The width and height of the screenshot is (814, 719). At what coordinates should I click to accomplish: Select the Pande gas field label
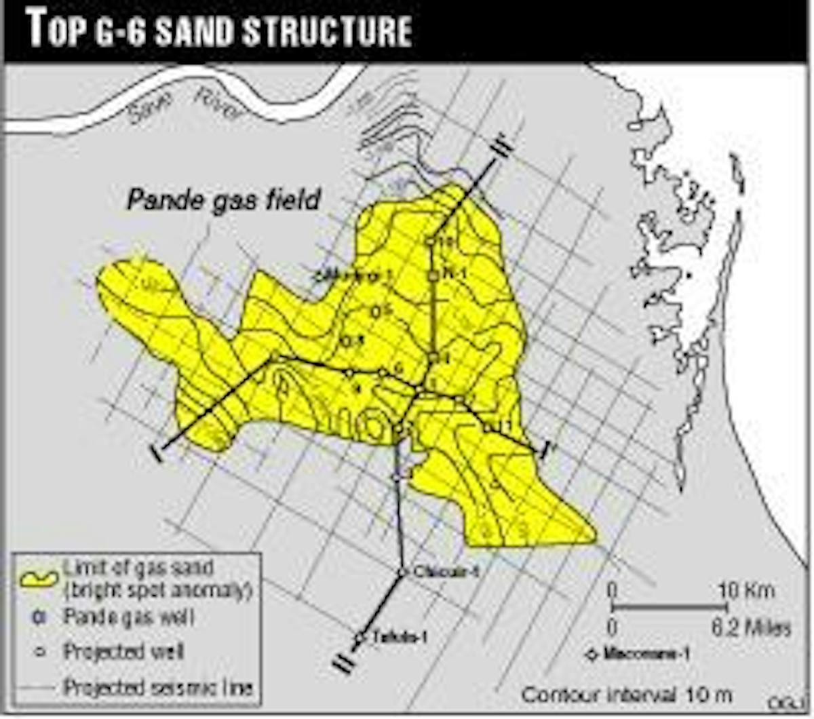coord(224,200)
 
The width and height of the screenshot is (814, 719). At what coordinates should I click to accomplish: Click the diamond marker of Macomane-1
coord(592,655)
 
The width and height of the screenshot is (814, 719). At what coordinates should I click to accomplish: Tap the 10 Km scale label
coord(746,591)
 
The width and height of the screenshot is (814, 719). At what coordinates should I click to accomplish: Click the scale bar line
coord(668,608)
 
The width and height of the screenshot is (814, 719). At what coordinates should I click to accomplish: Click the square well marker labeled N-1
coord(432,275)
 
